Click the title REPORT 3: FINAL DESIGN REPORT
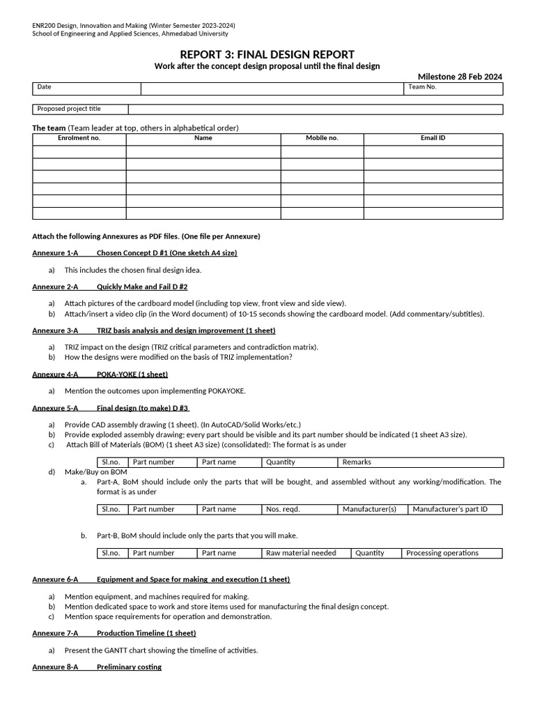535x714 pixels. [x=267, y=54]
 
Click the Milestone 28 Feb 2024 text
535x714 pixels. [x=460, y=77]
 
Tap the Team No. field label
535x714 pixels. [x=422, y=87]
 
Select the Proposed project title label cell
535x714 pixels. [x=69, y=109]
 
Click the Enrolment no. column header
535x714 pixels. [x=79, y=138]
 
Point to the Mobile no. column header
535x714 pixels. [x=322, y=138]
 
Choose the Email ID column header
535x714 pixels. [x=433, y=138]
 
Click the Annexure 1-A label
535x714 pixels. [x=55, y=253]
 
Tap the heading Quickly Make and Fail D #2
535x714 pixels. [x=142, y=287]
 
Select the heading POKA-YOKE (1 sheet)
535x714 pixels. [x=132, y=374]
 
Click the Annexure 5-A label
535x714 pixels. [x=55, y=408]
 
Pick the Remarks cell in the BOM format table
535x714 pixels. [x=357, y=462]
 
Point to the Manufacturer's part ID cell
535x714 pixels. [x=450, y=509]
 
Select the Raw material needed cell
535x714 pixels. [x=301, y=553]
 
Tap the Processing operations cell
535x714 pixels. [x=442, y=553]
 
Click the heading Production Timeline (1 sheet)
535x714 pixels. [x=146, y=633]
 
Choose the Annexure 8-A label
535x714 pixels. [x=55, y=667]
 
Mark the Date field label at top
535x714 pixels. [x=44, y=87]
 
